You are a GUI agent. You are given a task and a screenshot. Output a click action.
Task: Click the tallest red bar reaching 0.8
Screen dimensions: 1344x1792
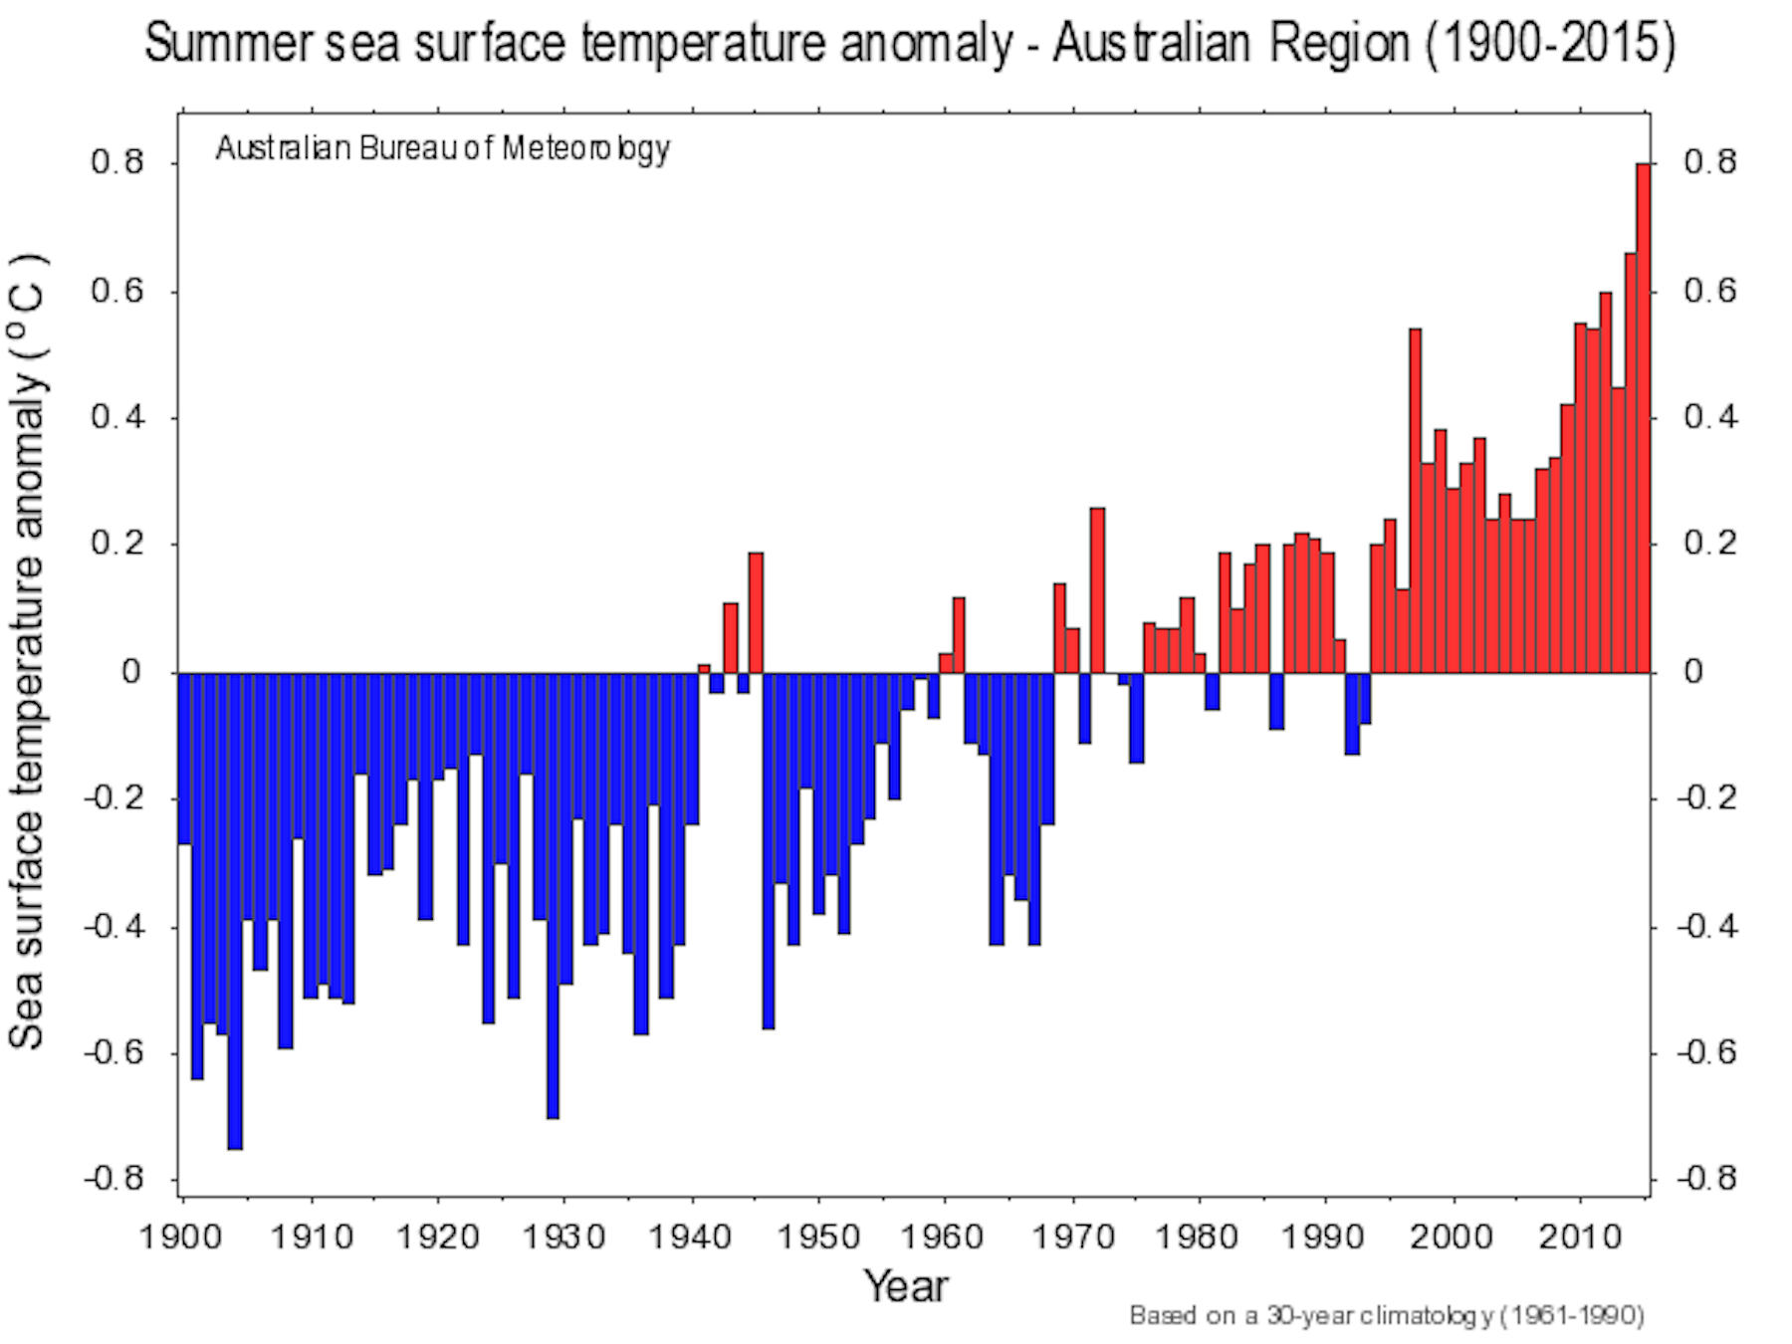click(1643, 418)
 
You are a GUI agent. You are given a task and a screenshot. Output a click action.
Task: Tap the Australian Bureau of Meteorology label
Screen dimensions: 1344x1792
click(442, 148)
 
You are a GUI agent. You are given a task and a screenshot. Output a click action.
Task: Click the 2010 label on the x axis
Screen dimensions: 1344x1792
click(1580, 1236)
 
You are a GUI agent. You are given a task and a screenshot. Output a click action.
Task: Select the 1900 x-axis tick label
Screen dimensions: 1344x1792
click(181, 1236)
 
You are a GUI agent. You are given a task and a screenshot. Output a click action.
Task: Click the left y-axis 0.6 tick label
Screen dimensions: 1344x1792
click(117, 291)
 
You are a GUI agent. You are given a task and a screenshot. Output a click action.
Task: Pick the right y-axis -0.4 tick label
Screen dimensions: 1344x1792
click(1706, 927)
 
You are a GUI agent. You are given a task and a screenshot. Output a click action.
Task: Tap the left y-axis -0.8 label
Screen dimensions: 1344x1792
click(113, 1180)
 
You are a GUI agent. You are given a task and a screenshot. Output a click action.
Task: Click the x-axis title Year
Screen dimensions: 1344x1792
click(906, 1286)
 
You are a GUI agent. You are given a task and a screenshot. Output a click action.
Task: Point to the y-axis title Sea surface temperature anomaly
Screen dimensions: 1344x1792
click(28, 652)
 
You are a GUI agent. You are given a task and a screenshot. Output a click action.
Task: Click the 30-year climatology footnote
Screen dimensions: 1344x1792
click(1386, 1316)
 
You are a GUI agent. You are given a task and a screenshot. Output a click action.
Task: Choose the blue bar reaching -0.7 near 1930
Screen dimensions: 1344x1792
click(553, 896)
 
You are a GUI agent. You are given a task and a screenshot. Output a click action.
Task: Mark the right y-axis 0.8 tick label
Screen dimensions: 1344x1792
click(1710, 161)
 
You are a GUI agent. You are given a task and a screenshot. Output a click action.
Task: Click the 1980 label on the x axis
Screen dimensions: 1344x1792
click(1198, 1236)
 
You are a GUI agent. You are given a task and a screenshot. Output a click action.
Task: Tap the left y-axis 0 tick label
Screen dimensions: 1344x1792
click(131, 672)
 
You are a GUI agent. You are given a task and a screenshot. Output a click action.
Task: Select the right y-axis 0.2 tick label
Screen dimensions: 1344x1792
click(1710, 544)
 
